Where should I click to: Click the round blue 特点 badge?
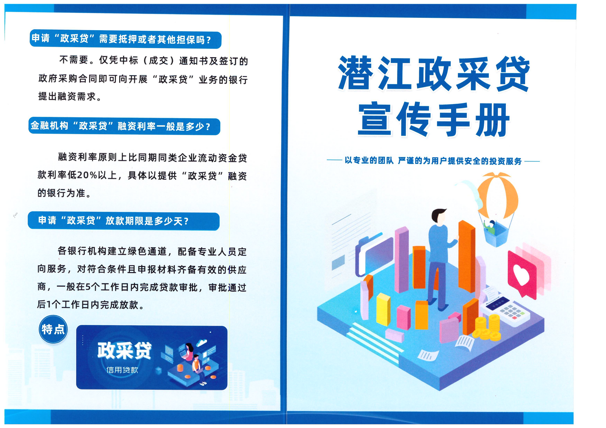(x=53, y=329)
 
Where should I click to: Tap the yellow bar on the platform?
(x=383, y=309)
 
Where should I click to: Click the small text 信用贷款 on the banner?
(x=122, y=370)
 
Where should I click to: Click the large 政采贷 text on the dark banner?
(x=124, y=351)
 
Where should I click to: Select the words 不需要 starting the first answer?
(x=74, y=60)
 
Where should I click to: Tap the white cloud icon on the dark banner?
(x=202, y=343)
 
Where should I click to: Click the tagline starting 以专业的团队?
(x=433, y=161)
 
